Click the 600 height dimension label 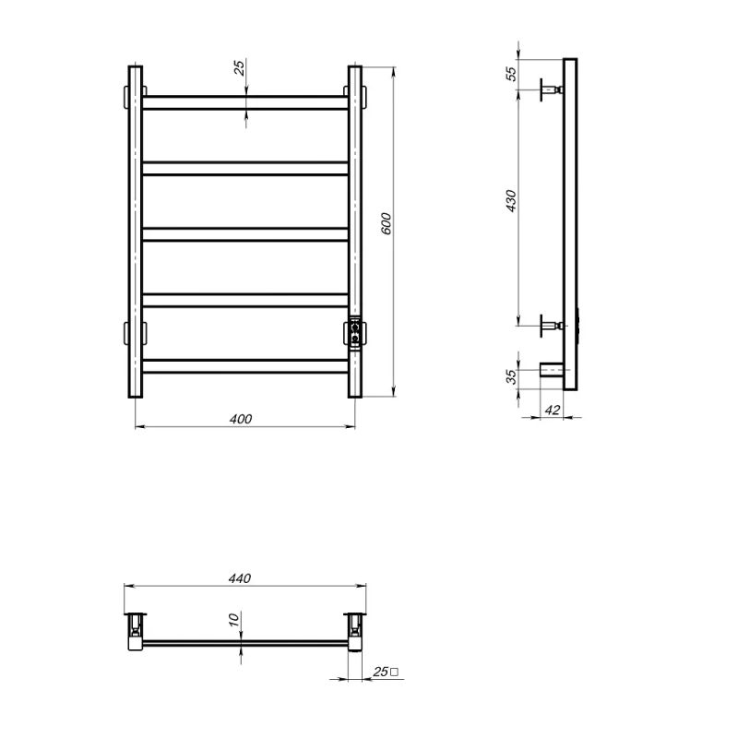pos(386,224)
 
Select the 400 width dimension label pos(241,419)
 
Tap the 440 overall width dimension pos(240,578)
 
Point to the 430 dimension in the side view pos(511,201)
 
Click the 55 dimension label pos(511,74)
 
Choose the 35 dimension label pos(511,376)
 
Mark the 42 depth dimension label pos(553,410)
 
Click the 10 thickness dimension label pos(234,619)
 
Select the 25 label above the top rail pos(240,67)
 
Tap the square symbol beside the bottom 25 pos(394,673)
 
